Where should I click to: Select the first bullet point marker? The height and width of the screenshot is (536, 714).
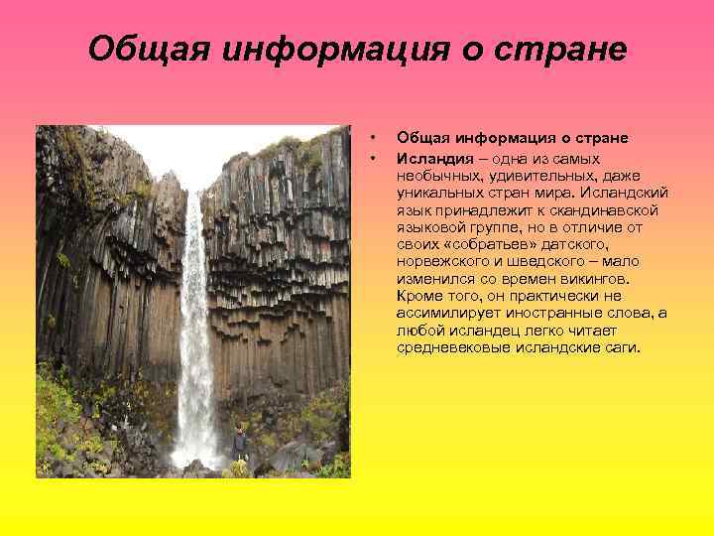tap(372, 137)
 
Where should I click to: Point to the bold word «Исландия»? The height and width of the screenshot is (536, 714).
tap(429, 158)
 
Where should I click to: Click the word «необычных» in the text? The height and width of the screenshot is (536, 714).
tap(434, 174)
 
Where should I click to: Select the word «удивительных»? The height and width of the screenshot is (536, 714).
tap(527, 174)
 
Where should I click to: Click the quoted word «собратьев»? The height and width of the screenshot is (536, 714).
tap(478, 244)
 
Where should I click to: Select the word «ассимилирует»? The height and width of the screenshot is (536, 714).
tap(441, 313)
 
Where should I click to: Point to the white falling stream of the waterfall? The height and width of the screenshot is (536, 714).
tap(194, 328)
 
